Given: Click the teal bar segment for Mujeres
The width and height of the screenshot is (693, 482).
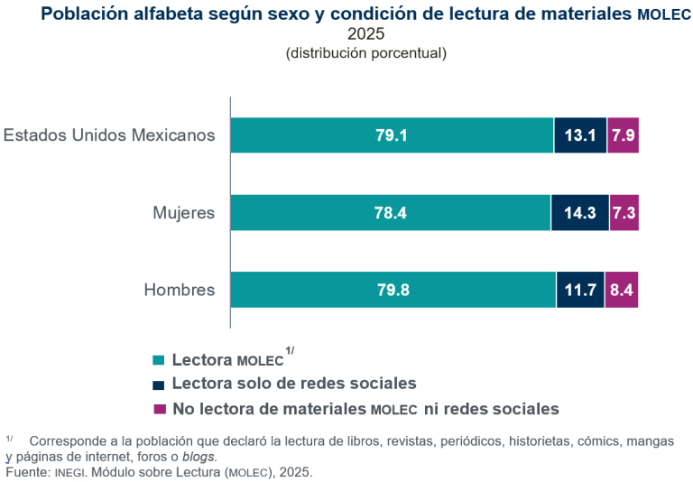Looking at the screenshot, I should (390, 213).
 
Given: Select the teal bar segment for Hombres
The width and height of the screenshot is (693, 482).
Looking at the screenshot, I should (393, 290).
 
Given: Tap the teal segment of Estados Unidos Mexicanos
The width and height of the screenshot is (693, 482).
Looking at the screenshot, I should (392, 135).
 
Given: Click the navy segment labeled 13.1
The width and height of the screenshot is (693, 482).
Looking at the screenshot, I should (580, 135).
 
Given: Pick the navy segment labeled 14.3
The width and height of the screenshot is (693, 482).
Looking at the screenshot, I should (580, 213).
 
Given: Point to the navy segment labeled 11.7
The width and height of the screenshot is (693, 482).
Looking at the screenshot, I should (580, 290).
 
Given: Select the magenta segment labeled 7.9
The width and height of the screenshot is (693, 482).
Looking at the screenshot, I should (623, 135).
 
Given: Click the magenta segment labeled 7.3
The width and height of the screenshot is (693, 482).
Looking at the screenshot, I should (624, 213).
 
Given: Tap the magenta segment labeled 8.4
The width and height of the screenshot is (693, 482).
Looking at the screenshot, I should (622, 290).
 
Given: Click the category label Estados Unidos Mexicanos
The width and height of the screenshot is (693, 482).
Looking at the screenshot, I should (109, 135).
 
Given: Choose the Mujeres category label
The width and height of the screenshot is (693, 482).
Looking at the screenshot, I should (183, 213).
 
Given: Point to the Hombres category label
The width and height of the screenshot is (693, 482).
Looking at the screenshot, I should (180, 290).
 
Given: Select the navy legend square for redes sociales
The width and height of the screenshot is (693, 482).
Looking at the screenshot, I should (160, 384).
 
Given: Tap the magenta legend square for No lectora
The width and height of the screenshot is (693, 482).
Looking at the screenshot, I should (160, 409).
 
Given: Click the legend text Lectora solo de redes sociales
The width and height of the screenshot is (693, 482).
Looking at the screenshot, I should (293, 383).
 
